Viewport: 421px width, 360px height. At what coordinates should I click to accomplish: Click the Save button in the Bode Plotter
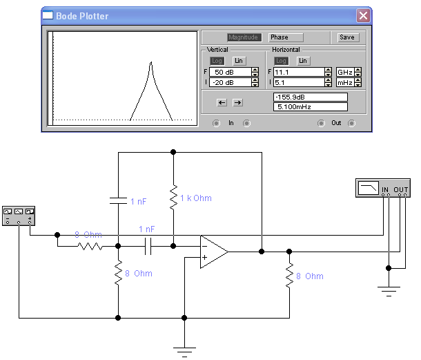(347, 37)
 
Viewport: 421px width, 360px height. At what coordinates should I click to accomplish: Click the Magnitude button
(244, 37)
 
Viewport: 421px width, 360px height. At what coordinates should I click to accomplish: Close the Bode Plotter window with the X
(363, 15)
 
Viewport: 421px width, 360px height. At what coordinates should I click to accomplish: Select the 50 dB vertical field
(230, 72)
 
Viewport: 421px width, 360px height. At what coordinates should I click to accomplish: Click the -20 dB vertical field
(230, 83)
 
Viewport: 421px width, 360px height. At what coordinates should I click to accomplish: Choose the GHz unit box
(344, 72)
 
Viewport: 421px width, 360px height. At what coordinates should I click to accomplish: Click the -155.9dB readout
(310, 97)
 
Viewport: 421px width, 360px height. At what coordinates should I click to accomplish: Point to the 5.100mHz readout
(310, 107)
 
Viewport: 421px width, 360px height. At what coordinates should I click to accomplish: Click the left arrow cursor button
(222, 102)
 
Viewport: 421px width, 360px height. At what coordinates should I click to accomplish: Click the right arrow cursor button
(237, 102)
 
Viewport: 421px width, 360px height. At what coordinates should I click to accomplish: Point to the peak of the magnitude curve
(150, 64)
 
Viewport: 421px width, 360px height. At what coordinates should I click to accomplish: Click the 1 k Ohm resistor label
(195, 198)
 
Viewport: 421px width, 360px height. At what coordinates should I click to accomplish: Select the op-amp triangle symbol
(213, 252)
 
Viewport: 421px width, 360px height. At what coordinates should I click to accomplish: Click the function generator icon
(19, 215)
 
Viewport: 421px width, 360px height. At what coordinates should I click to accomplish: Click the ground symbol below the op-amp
(185, 350)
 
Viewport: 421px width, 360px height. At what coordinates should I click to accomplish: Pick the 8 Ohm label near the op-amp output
(310, 276)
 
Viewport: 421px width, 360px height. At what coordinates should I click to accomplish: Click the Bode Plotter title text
(83, 15)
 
